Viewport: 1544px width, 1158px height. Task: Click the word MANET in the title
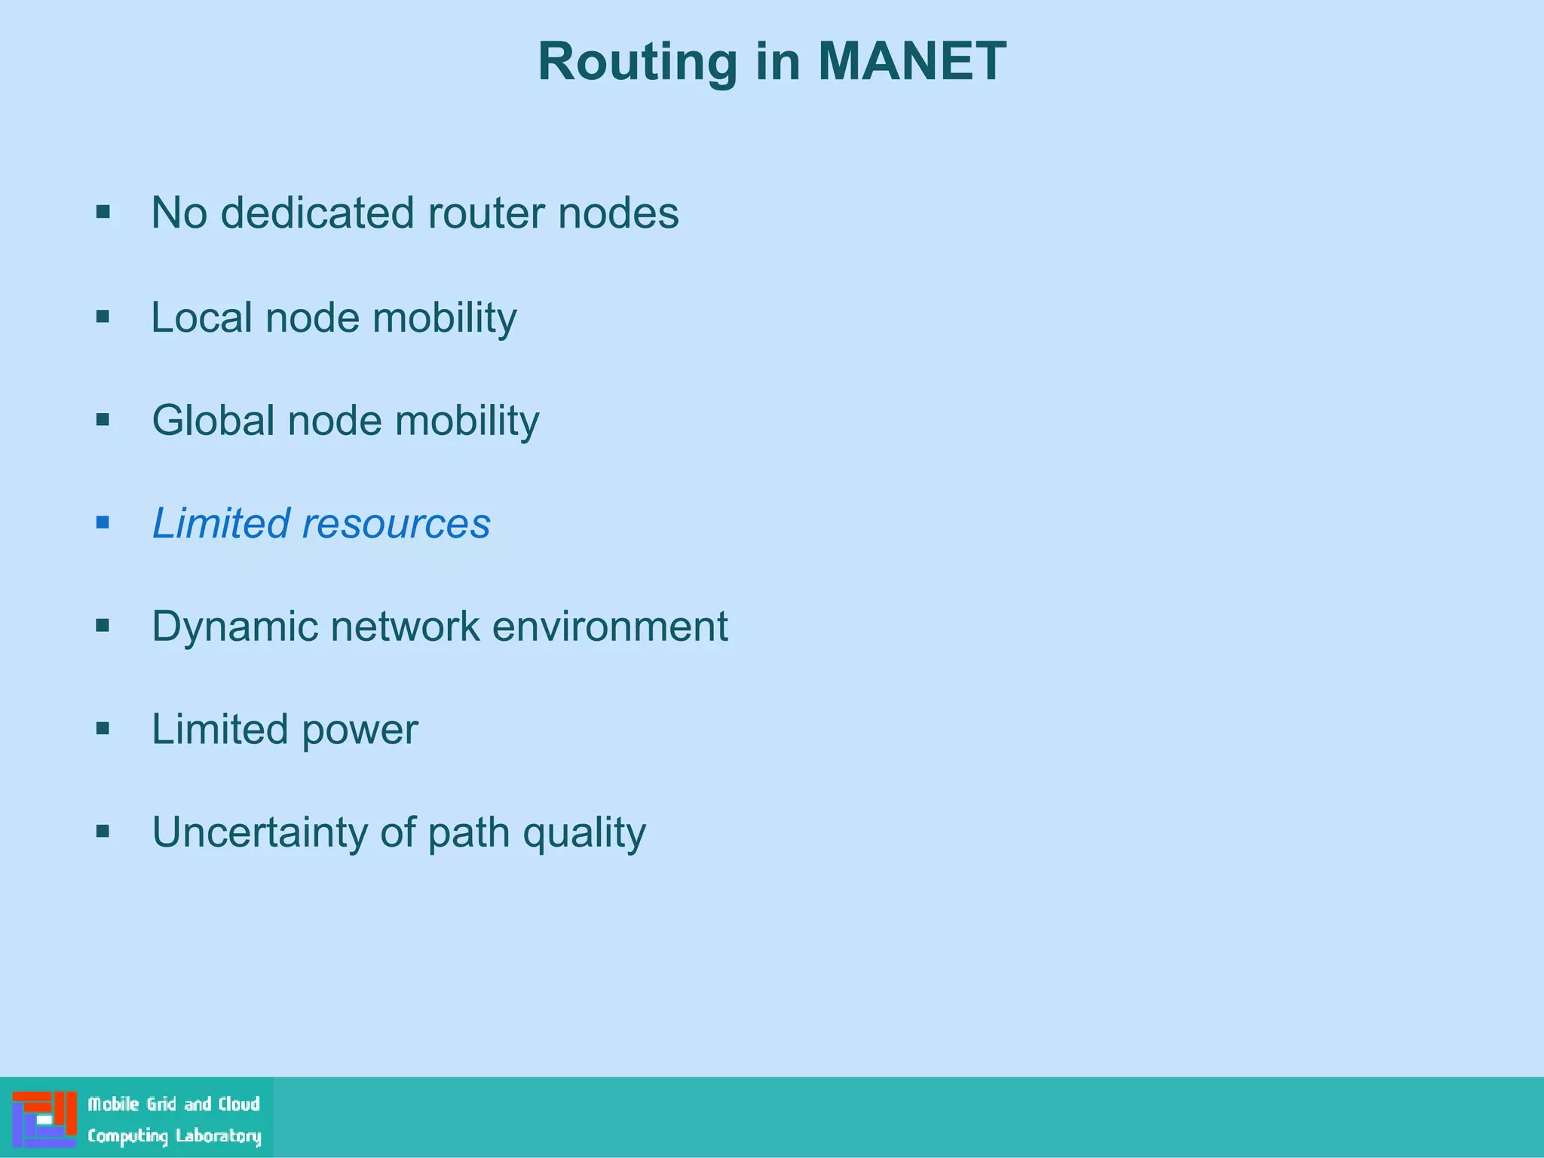pos(911,61)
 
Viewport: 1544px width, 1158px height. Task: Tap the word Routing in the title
pos(637,63)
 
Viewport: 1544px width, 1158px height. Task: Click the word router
pos(486,213)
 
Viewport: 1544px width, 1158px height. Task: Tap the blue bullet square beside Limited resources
pos(103,522)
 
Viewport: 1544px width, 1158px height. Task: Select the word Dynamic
pos(234,627)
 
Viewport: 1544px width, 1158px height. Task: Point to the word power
pos(360,731)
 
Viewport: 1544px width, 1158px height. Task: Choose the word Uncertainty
pos(259,832)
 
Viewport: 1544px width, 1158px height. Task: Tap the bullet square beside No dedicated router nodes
pos(103,212)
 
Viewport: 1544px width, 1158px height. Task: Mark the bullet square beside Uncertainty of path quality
pos(103,832)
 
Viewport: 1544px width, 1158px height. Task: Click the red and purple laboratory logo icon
pos(44,1119)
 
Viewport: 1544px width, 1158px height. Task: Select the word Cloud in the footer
pos(239,1104)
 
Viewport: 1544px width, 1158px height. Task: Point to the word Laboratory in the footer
pos(218,1136)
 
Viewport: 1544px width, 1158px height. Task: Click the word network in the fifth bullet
pos(405,626)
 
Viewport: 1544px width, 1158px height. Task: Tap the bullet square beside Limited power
pos(103,728)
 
